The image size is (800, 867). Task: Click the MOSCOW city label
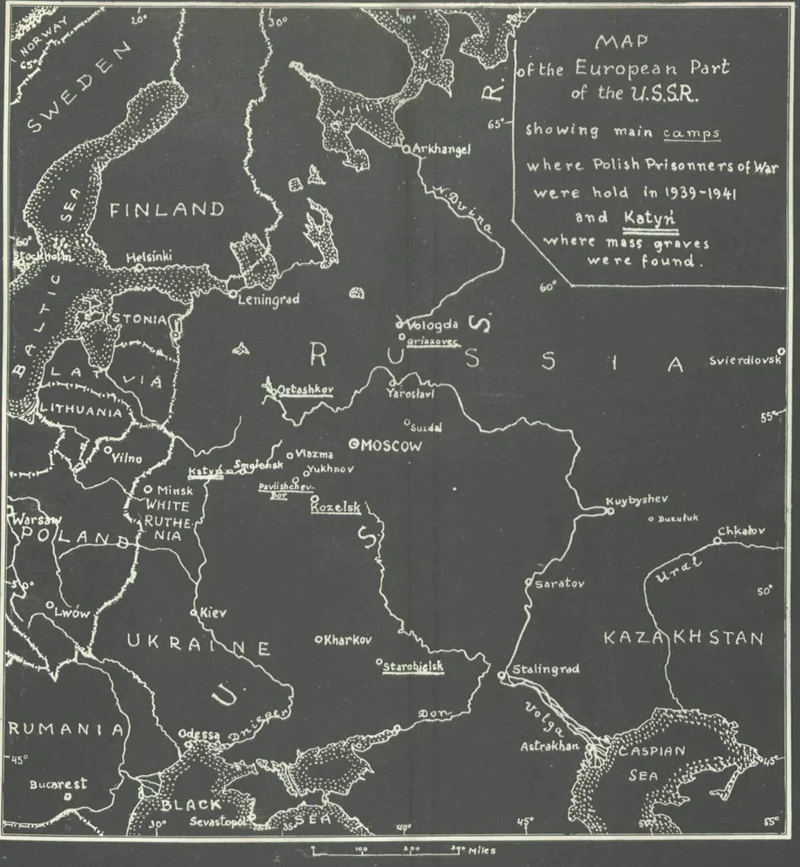click(391, 446)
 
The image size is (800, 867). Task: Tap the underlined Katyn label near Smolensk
click(205, 471)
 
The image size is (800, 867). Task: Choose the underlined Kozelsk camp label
click(335, 508)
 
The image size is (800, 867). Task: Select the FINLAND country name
click(168, 210)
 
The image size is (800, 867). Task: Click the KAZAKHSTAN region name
click(683, 638)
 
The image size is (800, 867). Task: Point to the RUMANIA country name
click(66, 729)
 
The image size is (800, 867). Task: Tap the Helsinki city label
click(149, 257)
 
